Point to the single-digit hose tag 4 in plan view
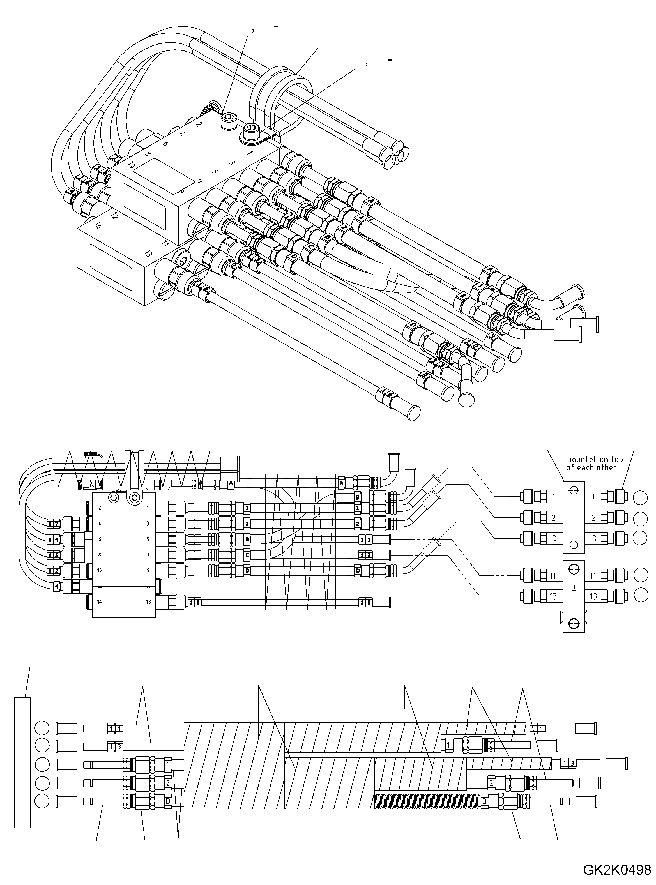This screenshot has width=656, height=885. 57,586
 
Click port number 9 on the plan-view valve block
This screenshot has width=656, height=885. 148,571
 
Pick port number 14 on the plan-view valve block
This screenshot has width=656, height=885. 99,601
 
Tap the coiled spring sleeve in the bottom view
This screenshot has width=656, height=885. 427,801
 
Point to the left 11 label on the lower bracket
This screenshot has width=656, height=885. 553,576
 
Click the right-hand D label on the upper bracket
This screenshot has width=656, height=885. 594,538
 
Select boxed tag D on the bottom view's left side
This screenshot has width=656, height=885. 168,801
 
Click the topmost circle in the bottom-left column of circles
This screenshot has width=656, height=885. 42,729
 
